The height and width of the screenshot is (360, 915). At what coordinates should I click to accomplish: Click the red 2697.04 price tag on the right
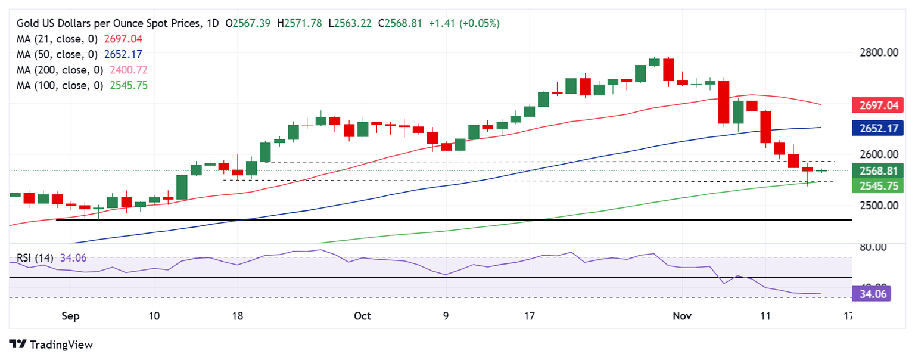click(877, 106)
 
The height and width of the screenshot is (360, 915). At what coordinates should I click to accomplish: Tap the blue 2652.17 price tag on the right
click(877, 128)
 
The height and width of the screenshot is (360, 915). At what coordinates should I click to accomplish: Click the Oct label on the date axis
click(362, 316)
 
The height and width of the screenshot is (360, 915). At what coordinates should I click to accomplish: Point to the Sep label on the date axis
click(70, 316)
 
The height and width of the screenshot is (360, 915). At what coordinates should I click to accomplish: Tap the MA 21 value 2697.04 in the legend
click(122, 39)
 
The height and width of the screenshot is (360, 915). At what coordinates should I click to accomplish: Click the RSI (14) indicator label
click(35, 258)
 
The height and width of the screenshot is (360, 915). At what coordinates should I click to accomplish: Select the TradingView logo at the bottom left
click(52, 345)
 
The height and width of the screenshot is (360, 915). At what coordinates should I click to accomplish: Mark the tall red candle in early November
click(724, 103)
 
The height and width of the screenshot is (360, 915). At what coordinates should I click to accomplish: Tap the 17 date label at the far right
click(849, 316)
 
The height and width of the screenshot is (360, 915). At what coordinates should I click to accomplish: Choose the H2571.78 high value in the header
click(301, 23)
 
